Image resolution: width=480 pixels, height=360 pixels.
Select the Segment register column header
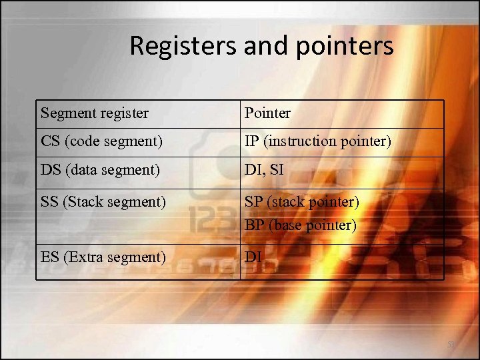[x=94, y=113]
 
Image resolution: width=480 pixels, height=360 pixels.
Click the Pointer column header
[x=267, y=113]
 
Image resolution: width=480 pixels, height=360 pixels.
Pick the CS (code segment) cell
[x=101, y=141]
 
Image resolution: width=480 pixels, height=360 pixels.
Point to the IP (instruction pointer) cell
[x=317, y=141]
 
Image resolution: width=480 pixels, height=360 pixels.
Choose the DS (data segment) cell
[x=100, y=170]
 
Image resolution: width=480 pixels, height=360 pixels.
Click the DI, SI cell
[x=264, y=170]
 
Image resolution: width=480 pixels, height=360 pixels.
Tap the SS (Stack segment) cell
[x=103, y=201]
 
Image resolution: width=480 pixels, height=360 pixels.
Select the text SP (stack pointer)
[x=301, y=201]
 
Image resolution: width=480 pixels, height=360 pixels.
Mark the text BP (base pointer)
[x=300, y=225]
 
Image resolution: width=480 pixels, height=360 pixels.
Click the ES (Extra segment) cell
[x=103, y=257]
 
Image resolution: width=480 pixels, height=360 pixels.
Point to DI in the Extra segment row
[x=253, y=257]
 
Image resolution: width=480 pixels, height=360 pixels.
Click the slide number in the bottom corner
[x=451, y=345]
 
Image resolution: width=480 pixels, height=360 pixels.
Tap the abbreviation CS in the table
[x=50, y=141]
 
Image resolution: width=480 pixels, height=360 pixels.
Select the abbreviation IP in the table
[x=252, y=141]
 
